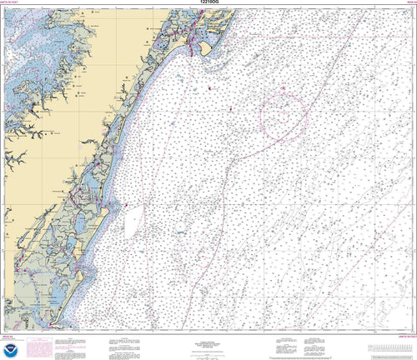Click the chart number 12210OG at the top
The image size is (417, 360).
208,3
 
